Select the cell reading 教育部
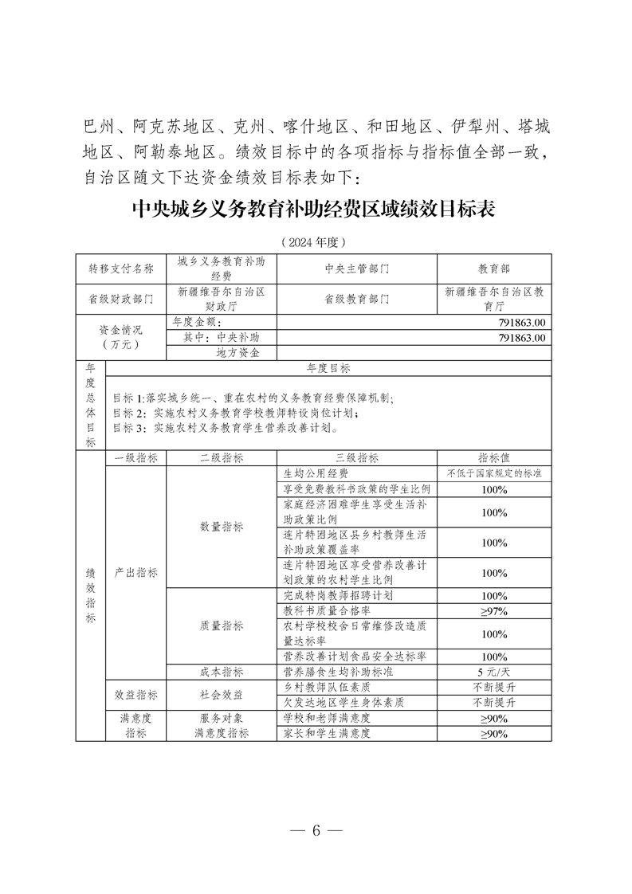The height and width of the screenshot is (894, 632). (x=494, y=269)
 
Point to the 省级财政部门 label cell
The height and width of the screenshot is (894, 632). (x=121, y=300)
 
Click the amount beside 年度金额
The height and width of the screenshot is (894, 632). (x=518, y=323)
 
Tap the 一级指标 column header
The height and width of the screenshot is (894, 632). (x=136, y=458)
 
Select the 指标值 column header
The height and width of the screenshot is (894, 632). (x=494, y=458)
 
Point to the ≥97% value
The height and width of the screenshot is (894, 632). (x=494, y=611)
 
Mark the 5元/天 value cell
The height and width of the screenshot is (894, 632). (x=494, y=672)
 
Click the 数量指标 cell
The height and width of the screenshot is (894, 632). (x=221, y=527)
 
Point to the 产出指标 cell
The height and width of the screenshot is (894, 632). (x=136, y=572)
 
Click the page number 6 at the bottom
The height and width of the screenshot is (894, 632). (x=316, y=829)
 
